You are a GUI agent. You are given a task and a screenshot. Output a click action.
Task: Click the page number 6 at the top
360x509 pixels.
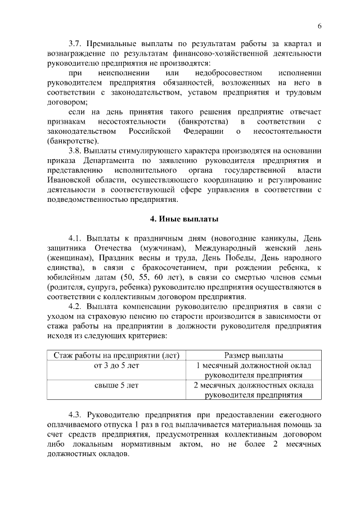pos(319,26)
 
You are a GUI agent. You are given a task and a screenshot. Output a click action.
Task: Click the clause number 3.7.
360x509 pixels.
pos(75,43)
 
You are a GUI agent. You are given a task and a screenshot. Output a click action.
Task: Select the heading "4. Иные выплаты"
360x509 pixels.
pos(180,218)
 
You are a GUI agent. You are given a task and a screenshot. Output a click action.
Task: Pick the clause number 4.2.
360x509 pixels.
pos(75,306)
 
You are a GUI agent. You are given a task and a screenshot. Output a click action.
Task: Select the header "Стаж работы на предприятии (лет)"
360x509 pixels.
pos(116,355)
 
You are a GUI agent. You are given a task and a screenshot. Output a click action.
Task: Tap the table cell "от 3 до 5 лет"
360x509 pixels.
pos(116,366)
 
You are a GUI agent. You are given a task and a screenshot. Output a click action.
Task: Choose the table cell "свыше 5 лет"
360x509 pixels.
pos(116,386)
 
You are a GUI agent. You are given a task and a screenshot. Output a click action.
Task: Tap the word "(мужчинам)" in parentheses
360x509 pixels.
pos(161,248)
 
